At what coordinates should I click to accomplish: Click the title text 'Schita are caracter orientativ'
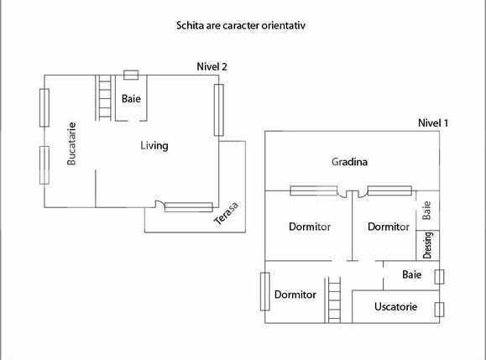(x=240, y=26)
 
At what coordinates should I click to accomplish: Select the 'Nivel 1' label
(x=433, y=123)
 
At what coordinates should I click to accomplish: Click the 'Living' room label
(x=154, y=146)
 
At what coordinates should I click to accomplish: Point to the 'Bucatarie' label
(x=72, y=144)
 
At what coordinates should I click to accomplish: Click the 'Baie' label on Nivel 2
(x=130, y=98)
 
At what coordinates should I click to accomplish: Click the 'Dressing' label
(x=427, y=244)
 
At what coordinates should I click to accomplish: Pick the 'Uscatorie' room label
(x=396, y=306)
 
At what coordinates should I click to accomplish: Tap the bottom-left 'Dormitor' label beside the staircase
(x=295, y=295)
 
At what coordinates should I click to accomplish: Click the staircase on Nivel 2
(x=105, y=98)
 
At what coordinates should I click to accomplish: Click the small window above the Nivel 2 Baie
(x=131, y=75)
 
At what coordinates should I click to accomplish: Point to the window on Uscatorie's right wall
(x=439, y=308)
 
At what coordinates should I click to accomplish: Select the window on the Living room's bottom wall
(x=188, y=206)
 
